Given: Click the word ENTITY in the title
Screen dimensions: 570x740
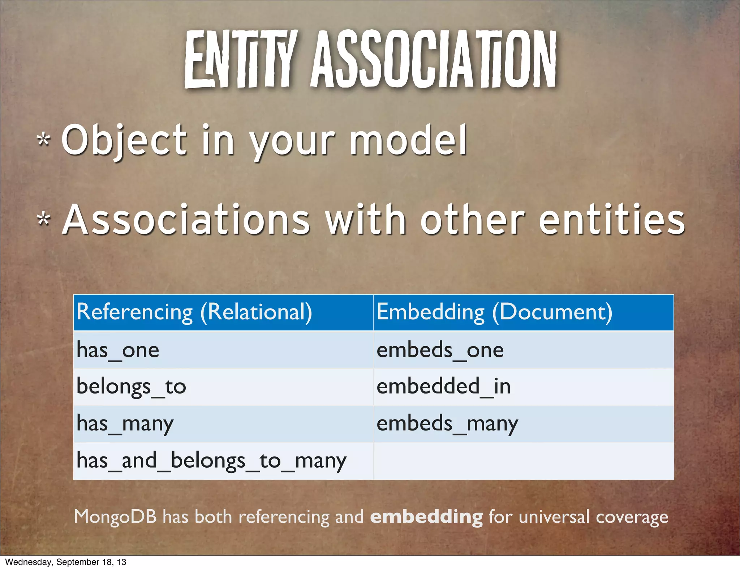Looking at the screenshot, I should tap(240, 60).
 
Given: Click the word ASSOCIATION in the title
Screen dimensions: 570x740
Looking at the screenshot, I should tap(434, 60).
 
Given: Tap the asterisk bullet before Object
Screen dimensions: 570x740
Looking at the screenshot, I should tap(44, 140).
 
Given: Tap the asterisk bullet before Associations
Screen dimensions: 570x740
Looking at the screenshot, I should tap(44, 219).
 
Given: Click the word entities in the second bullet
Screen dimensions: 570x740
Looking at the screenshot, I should tap(611, 220).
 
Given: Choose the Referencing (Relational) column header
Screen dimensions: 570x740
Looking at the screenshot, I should tap(194, 312).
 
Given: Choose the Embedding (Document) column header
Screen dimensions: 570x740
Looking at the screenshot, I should tap(494, 312).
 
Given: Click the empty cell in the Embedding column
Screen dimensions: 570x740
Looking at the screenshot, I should tap(523, 461).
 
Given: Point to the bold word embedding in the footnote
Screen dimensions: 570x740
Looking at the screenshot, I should tap(426, 517).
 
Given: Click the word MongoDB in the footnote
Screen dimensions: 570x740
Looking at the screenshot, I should tap(115, 516).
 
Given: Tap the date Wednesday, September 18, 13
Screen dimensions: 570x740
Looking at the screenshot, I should tap(66, 562).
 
